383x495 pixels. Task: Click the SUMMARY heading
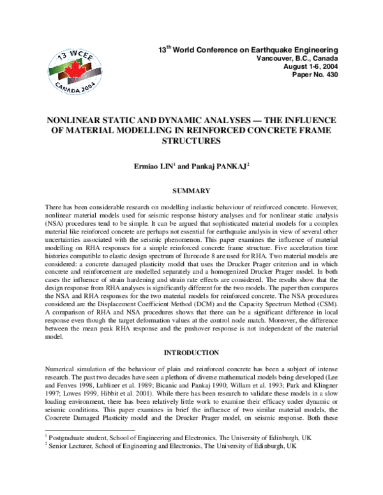[191, 191]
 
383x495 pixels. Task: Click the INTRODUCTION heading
[191, 352]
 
